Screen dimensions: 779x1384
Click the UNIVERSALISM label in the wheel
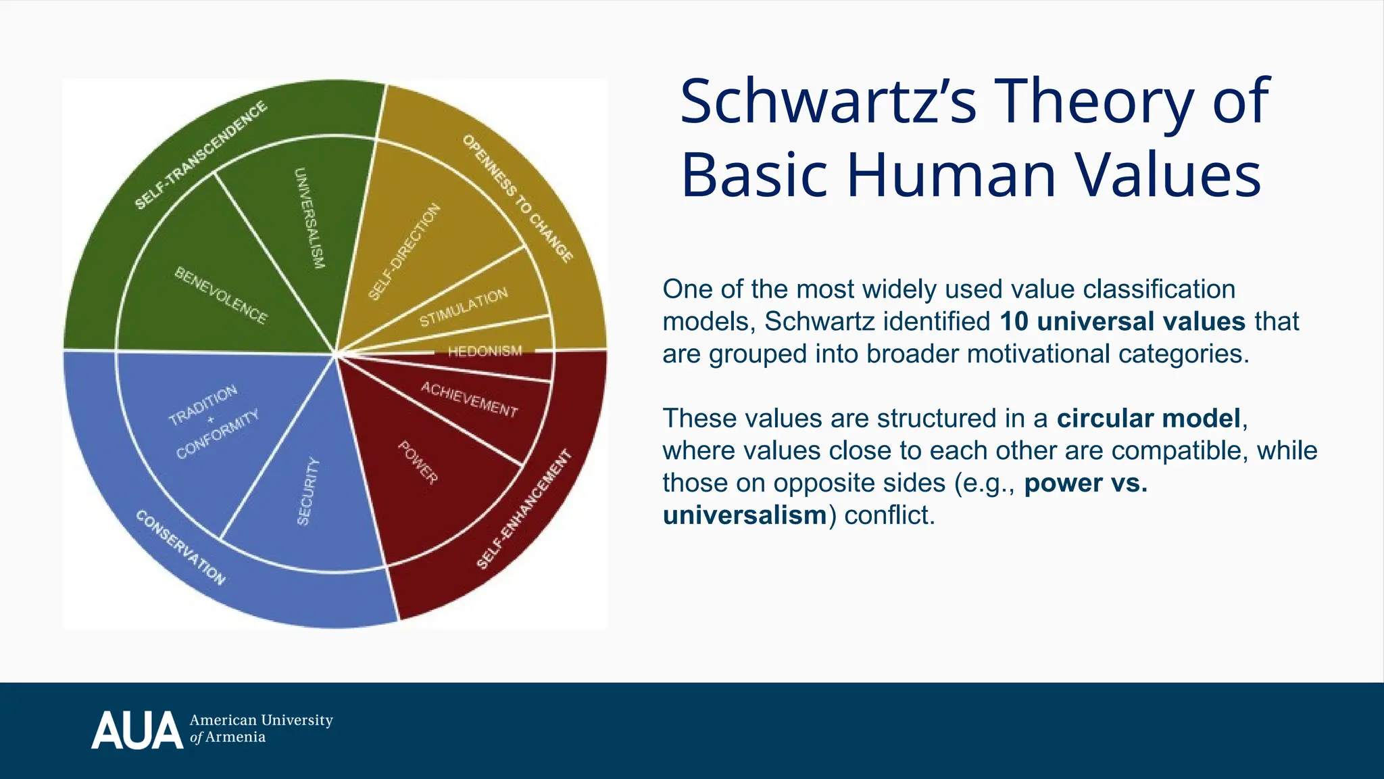310,218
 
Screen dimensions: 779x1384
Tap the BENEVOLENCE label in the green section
221,295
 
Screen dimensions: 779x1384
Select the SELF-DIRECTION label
404,252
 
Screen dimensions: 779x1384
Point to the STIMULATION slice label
464,308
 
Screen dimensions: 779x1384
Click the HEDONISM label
485,351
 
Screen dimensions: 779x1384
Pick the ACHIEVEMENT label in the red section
470,399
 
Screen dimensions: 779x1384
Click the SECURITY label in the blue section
308,491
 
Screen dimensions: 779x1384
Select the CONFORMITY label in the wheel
218,435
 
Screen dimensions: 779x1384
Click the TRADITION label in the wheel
203,405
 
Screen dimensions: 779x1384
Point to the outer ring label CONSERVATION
180,547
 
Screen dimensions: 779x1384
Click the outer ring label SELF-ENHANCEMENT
524,509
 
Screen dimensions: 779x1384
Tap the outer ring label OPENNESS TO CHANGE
518,198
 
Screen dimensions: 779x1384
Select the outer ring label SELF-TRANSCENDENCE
201,156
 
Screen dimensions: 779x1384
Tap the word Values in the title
1168,174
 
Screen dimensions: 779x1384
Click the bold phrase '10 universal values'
1122,321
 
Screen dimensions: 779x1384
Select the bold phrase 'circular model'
1149,418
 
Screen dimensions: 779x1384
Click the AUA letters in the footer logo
137,730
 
